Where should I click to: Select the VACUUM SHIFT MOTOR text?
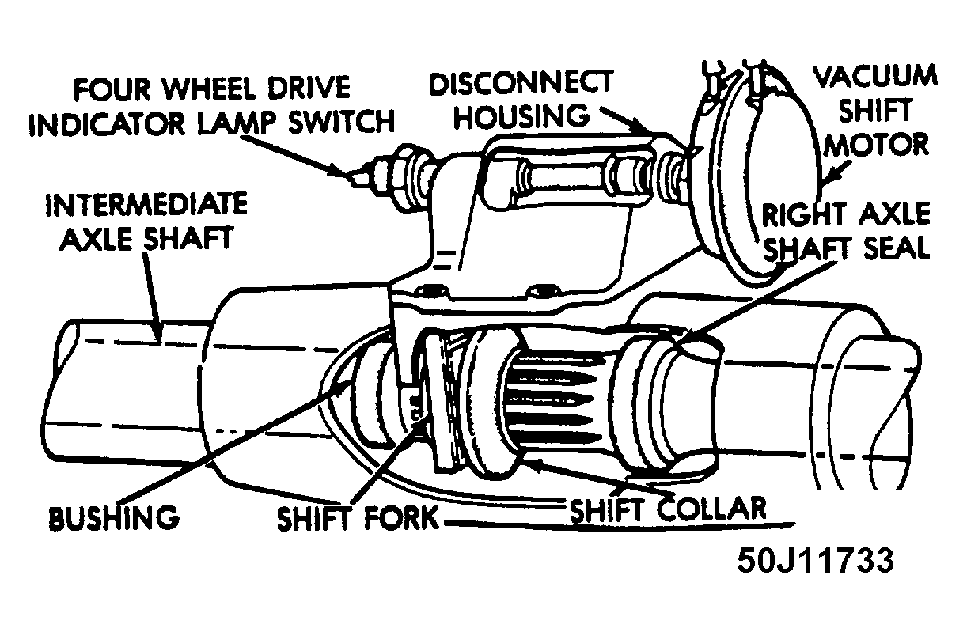pos(874,111)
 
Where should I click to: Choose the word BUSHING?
pos(113,518)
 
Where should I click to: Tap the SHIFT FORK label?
pos(357,518)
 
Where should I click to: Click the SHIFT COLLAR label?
pos(669,509)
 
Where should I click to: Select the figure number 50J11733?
pos(814,560)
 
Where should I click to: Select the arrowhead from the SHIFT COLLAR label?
pos(536,465)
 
